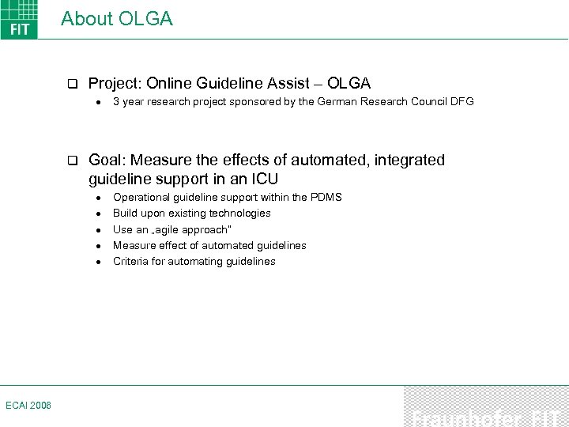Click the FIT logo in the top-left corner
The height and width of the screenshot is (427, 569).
click(x=19, y=20)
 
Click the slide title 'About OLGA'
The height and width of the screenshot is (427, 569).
click(x=116, y=19)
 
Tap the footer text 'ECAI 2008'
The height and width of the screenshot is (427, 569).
click(x=28, y=405)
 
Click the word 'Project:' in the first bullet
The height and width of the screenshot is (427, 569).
click(x=115, y=83)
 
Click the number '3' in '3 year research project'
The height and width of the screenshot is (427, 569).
click(x=116, y=102)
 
